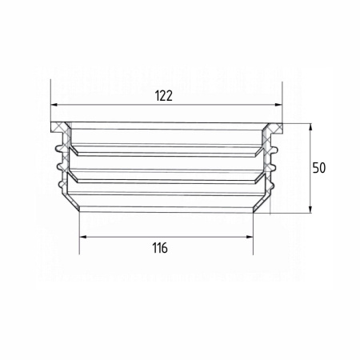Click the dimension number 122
(164, 96)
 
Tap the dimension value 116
(160, 248)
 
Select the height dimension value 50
(319, 168)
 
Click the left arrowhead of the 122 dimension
(54, 105)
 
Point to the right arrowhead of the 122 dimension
(278, 105)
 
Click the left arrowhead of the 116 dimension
(83, 237)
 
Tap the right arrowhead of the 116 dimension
(250, 237)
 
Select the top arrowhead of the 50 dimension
(310, 127)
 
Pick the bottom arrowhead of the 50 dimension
(310, 210)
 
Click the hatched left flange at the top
(58, 127)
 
